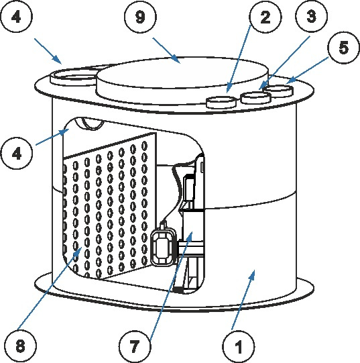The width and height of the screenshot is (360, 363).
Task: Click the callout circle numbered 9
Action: pyautogui.click(x=140, y=17)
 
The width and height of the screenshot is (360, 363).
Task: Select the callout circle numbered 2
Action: pyautogui.click(x=265, y=17)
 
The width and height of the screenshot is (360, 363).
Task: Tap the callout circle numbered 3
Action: pyautogui.click(x=311, y=16)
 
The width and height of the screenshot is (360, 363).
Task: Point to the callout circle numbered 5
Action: pyautogui.click(x=343, y=48)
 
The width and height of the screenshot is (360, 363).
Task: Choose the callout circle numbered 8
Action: pyautogui.click(x=20, y=346)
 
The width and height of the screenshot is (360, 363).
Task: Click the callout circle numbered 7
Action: pyautogui.click(x=135, y=346)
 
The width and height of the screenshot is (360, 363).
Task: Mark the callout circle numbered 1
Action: pyautogui.click(x=238, y=347)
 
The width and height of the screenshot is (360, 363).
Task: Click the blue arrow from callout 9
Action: pyautogui.click(x=166, y=51)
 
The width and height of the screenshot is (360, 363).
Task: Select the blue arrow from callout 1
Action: pyautogui.click(x=243, y=300)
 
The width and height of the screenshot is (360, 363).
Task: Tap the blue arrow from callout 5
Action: pyautogui.click(x=307, y=70)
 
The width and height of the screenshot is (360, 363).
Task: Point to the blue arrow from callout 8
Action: pyautogui.click(x=50, y=288)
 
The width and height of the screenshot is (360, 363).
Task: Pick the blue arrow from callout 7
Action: pyautogui.click(x=171, y=286)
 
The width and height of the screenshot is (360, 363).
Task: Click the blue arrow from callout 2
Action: pyautogui.click(x=239, y=58)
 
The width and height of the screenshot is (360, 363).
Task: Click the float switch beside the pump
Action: pyautogui.click(x=164, y=246)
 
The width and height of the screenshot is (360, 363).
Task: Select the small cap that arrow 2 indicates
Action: pyautogui.click(x=221, y=102)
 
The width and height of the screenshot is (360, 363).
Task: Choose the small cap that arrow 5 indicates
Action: pyautogui.click(x=280, y=91)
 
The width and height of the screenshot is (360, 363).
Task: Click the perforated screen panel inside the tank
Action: pyautogui.click(x=109, y=205)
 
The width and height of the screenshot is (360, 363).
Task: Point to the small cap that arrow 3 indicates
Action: pyautogui.click(x=255, y=98)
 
